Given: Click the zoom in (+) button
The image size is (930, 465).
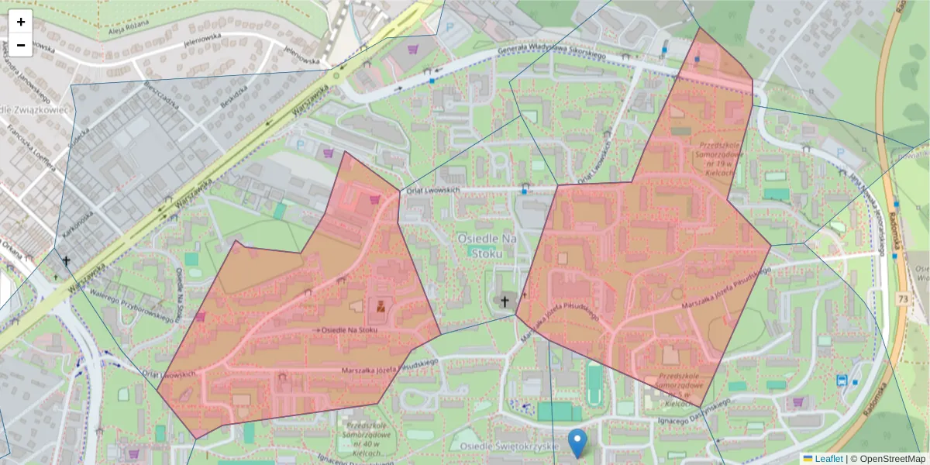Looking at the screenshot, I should [21, 22].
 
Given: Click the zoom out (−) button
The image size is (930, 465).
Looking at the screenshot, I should [21, 45].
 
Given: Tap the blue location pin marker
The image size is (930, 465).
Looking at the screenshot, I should [577, 442].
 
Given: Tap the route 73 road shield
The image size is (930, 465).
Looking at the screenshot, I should [904, 299].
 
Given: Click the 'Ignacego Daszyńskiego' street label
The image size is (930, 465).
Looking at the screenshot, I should [694, 412].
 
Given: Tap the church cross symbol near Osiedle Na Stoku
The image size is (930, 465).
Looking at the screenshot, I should [505, 301].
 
